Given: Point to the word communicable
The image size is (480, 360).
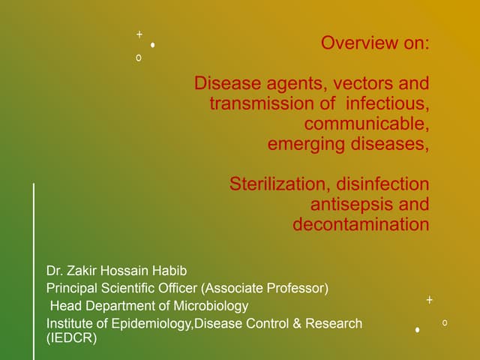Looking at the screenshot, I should [366, 123].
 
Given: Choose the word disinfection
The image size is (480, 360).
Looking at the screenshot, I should [382, 184].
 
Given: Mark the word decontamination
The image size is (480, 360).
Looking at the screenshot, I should [361, 225].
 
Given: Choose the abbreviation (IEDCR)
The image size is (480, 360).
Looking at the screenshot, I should [72, 338].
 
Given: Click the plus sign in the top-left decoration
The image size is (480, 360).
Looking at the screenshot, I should [139, 34].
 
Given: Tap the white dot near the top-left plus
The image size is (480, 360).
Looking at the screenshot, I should [152, 45].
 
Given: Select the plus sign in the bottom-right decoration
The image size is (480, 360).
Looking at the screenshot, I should [429, 300].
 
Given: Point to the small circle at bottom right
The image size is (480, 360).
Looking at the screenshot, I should [445, 322].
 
